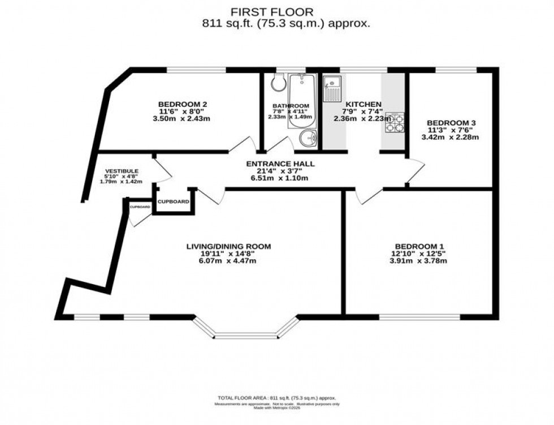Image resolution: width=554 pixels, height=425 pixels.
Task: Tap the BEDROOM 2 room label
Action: tap(182, 104)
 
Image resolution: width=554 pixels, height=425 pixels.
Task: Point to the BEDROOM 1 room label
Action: tap(419, 246)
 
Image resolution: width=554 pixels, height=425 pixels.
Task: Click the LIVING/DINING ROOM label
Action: tap(229, 246)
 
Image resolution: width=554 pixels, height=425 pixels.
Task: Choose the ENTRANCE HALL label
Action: tap(280, 164)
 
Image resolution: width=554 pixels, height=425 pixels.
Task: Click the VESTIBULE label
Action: tap(122, 171)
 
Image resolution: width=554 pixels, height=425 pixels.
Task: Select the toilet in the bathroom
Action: tap(278, 84)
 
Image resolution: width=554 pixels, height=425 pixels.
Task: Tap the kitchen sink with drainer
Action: tap(332, 88)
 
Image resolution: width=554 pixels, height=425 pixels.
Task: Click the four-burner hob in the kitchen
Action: tap(396, 123)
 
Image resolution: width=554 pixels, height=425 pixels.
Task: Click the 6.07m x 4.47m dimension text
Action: tap(229, 261)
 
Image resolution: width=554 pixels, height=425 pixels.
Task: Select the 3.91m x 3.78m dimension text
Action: tap(419, 261)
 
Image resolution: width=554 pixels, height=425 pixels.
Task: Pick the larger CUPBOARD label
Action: tap(173, 201)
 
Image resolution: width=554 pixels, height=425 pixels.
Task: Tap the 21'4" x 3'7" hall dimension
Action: tap(280, 171)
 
